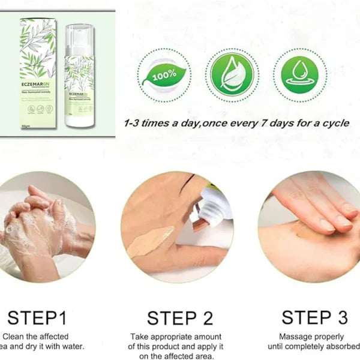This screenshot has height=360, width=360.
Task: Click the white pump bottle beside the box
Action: tap(79, 78)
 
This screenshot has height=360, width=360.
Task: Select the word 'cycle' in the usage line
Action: tap(332, 124)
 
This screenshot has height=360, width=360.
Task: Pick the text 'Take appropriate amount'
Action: tap(176, 337)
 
